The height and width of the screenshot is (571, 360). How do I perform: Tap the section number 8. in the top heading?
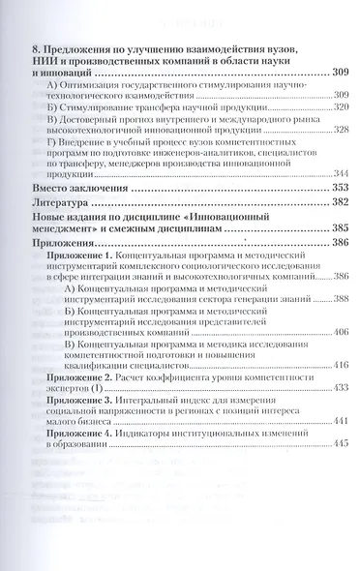click(x=37, y=48)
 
